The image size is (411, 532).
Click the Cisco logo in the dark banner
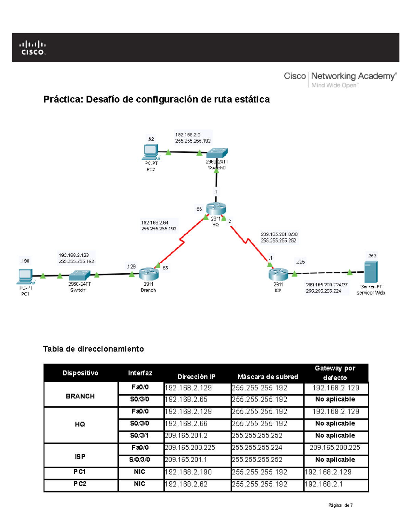pyautogui.click(x=33, y=48)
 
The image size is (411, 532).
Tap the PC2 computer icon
pyautogui.click(x=151, y=152)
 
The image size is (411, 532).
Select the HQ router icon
pyautogui.click(x=216, y=208)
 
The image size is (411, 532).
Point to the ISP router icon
pyautogui.click(x=278, y=274)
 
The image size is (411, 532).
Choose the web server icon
pyautogui.click(x=371, y=272)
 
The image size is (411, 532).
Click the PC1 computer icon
pyautogui.click(x=25, y=276)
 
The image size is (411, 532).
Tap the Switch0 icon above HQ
pyautogui.click(x=217, y=153)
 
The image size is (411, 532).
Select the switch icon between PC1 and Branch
pyautogui.click(x=79, y=275)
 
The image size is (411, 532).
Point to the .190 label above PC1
pyautogui.click(x=25, y=261)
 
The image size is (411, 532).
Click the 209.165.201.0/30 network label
pyautogui.click(x=279, y=234)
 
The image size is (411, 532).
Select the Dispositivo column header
pyautogui.click(x=80, y=373)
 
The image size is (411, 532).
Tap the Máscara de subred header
pyautogui.click(x=267, y=377)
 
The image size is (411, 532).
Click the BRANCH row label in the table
pyautogui.click(x=80, y=396)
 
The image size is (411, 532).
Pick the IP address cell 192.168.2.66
pyautogui.click(x=186, y=424)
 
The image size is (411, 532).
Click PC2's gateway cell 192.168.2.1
pyautogui.click(x=324, y=484)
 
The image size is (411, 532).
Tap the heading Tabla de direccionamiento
pyautogui.click(x=93, y=349)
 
